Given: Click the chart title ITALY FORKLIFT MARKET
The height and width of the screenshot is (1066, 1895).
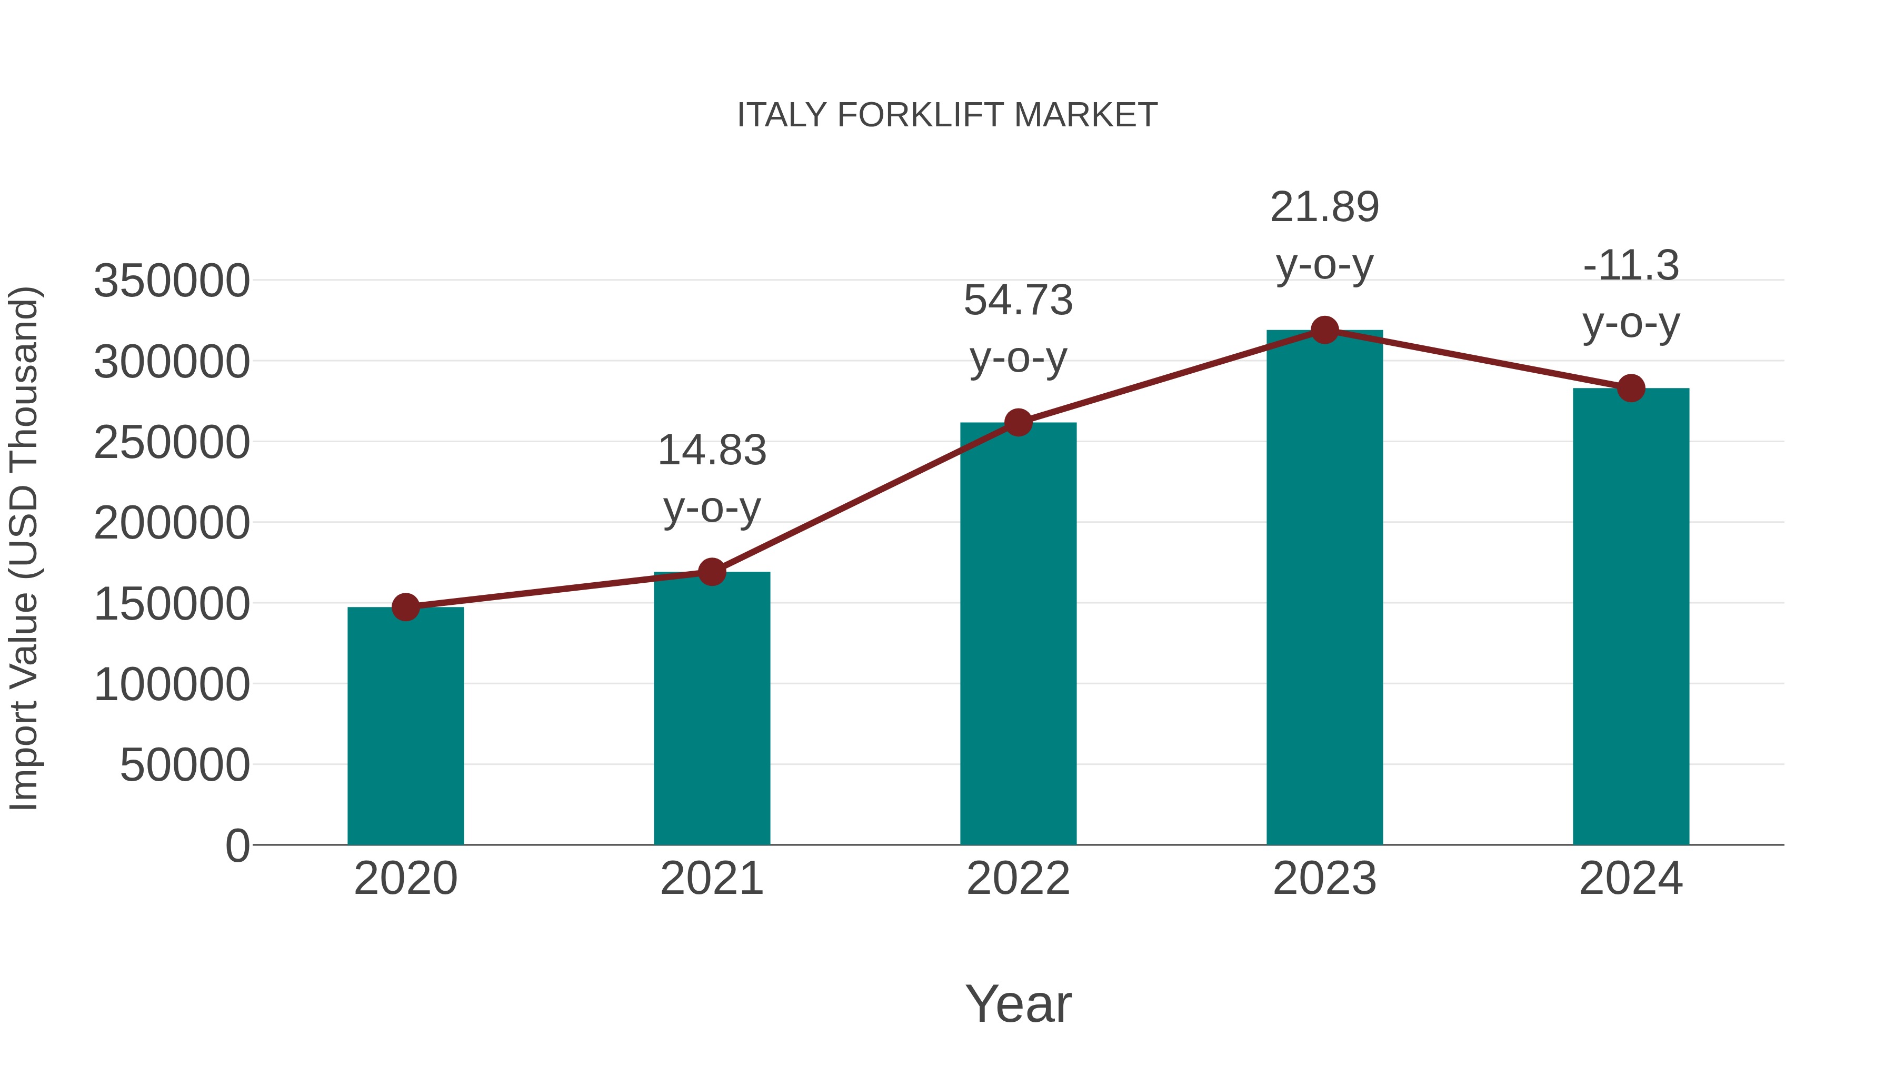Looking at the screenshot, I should pos(947,115).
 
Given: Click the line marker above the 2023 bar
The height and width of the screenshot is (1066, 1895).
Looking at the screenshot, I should pos(1324,330).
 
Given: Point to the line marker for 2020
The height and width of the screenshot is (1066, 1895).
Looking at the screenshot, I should pos(405,607).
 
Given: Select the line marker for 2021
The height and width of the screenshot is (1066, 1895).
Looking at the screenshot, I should pos(711,572).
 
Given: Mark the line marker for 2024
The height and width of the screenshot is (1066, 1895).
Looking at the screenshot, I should pos(1631,387).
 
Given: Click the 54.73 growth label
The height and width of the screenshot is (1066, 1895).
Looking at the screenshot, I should pos(1018,301).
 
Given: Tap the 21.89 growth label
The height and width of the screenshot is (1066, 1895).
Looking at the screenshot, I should pos(1324,207).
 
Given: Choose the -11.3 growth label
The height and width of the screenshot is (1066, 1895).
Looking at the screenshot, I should pos(1631,266).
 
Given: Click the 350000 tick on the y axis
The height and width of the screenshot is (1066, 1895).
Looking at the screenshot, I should pos(172,281).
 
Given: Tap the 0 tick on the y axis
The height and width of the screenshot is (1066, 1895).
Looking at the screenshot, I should pos(237,845).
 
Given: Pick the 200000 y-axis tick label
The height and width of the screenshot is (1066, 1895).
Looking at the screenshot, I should pos(172,523).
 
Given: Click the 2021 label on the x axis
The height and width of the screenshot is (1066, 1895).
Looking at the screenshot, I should pos(711,879).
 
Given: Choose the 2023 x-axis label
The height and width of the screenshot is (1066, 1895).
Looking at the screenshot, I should pos(1324,879).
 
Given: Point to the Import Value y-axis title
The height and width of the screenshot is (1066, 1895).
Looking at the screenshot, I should pos(24,548).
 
